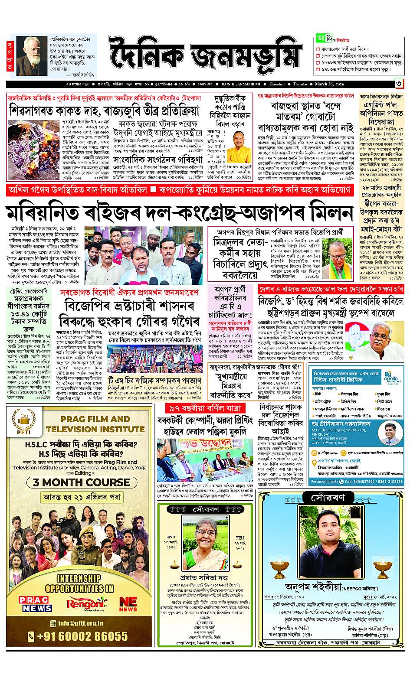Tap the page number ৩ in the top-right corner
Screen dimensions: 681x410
[398, 84]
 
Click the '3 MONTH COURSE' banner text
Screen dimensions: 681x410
[79, 482]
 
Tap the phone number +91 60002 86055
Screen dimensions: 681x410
[79, 636]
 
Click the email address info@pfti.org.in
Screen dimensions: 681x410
[78, 623]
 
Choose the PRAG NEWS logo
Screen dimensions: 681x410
[35, 603]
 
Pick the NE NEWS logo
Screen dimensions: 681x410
[128, 603]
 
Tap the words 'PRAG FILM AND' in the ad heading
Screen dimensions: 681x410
[95, 419]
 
